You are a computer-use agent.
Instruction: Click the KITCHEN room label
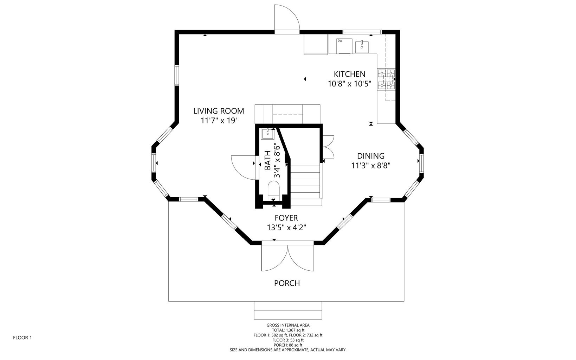click(x=349, y=74)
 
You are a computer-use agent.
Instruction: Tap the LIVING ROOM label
click(x=219, y=111)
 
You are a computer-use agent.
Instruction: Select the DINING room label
click(x=371, y=156)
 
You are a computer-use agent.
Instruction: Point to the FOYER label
click(x=286, y=218)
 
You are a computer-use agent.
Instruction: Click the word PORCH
click(x=287, y=283)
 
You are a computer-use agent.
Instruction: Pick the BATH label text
click(x=268, y=160)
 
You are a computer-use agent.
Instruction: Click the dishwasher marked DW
click(x=344, y=46)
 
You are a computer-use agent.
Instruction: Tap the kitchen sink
click(x=362, y=47)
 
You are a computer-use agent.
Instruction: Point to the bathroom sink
click(x=268, y=134)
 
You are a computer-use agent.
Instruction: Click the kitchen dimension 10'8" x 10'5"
click(x=350, y=84)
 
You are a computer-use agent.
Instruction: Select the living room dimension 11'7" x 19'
click(x=219, y=121)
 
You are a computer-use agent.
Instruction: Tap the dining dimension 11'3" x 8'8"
click(x=371, y=166)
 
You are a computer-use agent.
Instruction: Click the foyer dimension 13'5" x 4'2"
click(x=286, y=228)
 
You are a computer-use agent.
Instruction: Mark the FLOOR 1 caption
click(x=22, y=337)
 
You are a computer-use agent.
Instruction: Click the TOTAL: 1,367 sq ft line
click(x=288, y=330)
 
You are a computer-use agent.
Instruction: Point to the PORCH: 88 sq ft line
click(x=288, y=345)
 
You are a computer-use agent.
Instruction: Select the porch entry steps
click(x=288, y=310)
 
